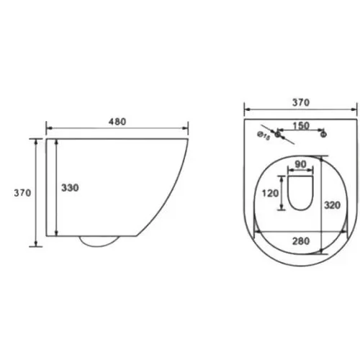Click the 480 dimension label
(117, 122)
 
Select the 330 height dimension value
(70, 188)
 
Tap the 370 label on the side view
(22, 193)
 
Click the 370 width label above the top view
(301, 102)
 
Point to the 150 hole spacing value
(301, 125)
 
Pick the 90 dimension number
(300, 164)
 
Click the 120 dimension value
(270, 193)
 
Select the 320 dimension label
(332, 205)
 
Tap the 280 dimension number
(301, 241)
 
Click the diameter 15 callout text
(264, 135)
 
